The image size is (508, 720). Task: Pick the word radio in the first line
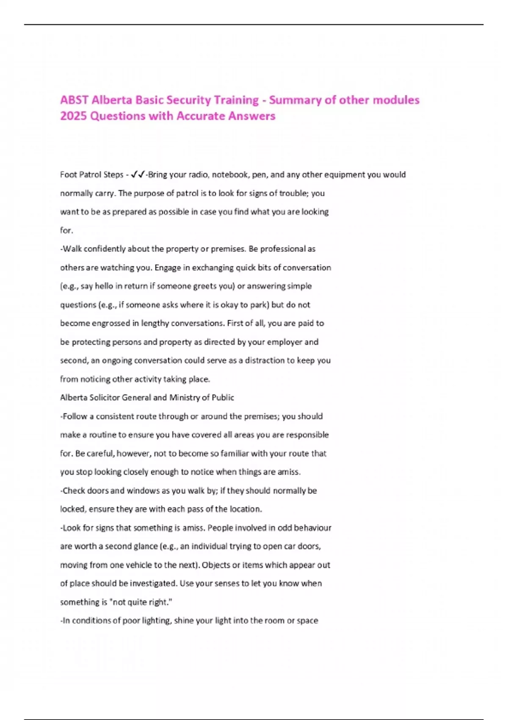tap(198, 174)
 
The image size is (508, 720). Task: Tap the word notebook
tap(230, 174)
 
